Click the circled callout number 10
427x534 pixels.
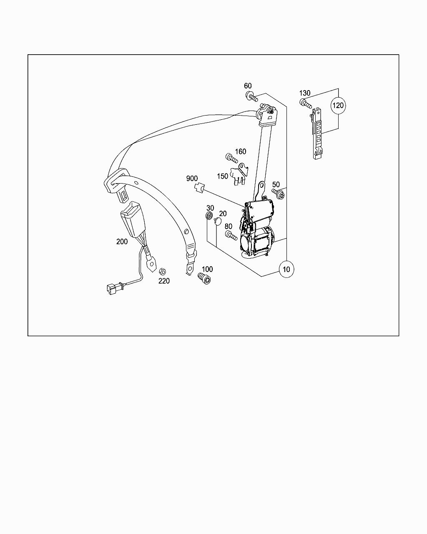(286, 269)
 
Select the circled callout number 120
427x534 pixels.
(338, 105)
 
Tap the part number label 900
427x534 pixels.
(192, 179)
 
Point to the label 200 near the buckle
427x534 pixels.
(122, 242)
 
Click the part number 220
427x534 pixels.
(164, 281)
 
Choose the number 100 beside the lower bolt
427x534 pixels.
(207, 269)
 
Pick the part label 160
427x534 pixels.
(241, 151)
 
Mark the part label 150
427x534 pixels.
(222, 176)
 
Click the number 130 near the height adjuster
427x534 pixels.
(305, 93)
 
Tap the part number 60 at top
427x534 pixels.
(248, 86)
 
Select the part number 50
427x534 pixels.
(276, 184)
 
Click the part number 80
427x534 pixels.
(229, 227)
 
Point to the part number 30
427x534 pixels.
(210, 208)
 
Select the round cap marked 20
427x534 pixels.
(217, 222)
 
